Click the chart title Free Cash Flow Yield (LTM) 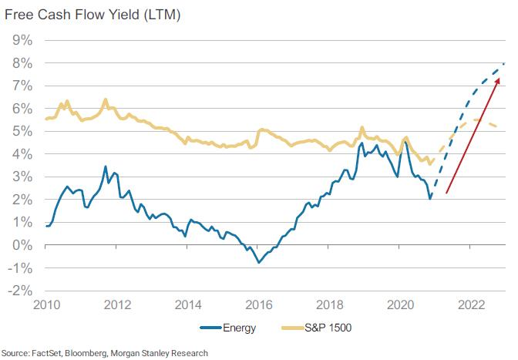pos(90,14)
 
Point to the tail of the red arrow pos(446,194)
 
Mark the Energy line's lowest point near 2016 pos(259,263)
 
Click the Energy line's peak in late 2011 pos(106,166)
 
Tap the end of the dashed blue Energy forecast pos(504,62)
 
